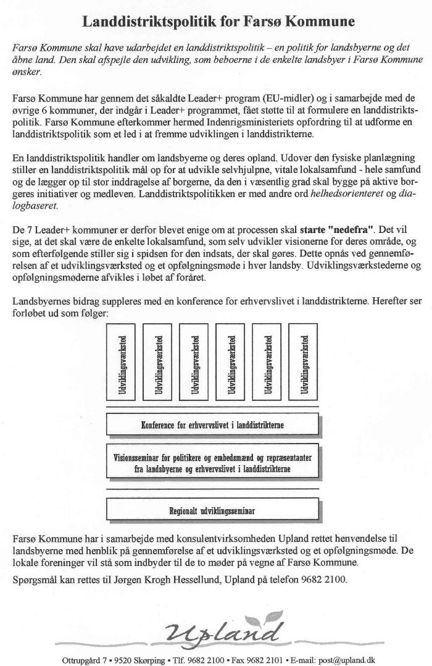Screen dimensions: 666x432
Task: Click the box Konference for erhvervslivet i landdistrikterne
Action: point(213,424)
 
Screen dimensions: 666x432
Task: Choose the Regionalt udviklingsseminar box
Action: point(213,510)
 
